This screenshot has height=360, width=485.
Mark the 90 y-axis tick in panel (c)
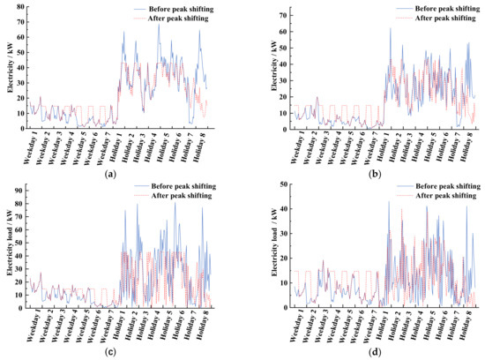tap(18, 186)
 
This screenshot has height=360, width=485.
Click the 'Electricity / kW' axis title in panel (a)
tap(6, 66)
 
